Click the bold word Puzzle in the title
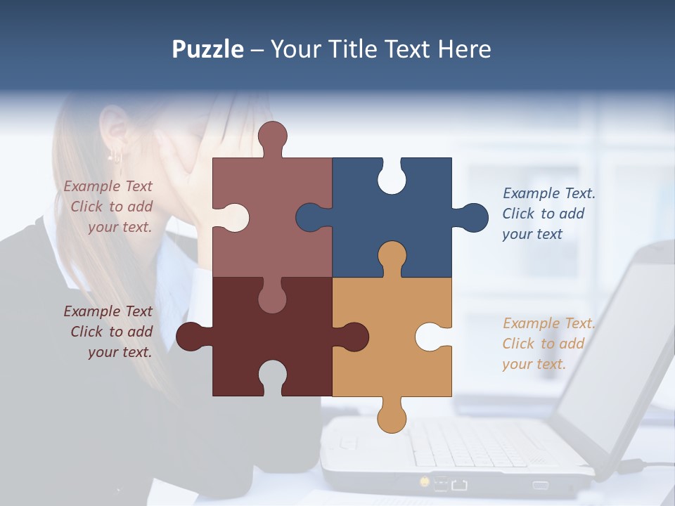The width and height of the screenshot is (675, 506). click(208, 49)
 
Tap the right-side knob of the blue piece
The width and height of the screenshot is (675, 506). click(472, 217)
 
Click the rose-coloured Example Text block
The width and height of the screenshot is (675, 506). click(109, 207)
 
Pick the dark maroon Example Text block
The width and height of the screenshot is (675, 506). click(109, 332)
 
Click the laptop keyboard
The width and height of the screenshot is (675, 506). click(478, 443)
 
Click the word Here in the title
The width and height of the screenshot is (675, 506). click(464, 49)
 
